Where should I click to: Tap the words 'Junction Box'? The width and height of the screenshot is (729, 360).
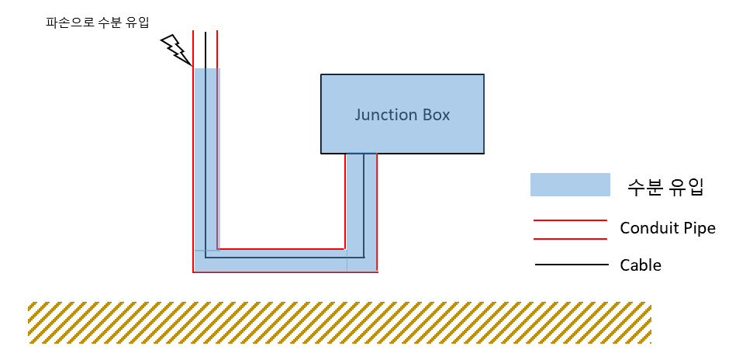[402, 115]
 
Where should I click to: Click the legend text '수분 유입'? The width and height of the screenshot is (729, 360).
[665, 185]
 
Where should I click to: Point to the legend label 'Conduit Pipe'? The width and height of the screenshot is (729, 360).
[667, 229]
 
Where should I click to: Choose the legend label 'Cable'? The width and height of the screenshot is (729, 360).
[641, 265]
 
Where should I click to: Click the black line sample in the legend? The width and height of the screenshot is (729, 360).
[571, 265]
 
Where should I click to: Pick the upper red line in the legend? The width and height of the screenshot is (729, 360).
[570, 220]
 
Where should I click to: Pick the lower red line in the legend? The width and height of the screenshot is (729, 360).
[570, 239]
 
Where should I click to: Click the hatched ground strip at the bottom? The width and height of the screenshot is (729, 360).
[340, 323]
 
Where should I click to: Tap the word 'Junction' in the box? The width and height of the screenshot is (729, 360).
[385, 115]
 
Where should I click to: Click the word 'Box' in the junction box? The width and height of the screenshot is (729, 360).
[435, 115]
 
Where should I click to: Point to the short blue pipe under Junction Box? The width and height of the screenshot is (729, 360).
[361, 202]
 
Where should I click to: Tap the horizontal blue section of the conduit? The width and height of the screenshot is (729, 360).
[279, 261]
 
